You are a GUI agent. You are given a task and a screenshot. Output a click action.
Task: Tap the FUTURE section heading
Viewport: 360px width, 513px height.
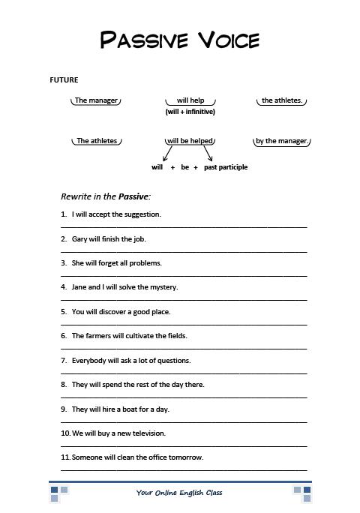[64, 79]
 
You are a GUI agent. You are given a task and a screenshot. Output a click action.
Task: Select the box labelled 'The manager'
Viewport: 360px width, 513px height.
[96, 100]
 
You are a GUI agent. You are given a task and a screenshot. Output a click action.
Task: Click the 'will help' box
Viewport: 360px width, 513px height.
[190, 100]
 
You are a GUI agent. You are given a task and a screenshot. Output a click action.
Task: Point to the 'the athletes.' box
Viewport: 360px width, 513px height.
[282, 100]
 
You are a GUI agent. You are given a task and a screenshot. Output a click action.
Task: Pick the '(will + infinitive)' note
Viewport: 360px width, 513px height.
[190, 112]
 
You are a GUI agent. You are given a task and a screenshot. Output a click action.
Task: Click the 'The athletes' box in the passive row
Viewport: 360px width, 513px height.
[97, 141]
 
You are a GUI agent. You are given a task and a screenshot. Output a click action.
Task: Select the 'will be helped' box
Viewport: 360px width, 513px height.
[190, 141]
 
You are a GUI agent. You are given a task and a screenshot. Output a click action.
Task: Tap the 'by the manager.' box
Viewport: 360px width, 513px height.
[281, 141]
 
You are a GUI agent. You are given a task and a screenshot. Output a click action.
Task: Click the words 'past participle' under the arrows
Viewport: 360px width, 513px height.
[226, 167]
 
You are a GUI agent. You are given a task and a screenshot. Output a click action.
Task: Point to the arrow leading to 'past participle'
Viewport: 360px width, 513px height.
[208, 154]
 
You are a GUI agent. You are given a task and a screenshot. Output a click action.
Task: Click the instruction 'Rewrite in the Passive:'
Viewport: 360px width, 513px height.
[106, 196]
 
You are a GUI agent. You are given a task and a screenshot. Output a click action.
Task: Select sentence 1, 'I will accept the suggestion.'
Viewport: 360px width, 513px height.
[116, 214]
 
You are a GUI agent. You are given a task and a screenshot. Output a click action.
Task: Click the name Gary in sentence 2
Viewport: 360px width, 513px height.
[79, 239]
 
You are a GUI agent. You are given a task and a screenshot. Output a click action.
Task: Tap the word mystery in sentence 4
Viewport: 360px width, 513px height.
[163, 287]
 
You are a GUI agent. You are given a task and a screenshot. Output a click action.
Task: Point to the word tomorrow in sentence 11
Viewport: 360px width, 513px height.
[187, 457]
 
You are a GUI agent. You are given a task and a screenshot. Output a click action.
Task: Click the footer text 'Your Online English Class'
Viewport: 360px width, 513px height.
[179, 493]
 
